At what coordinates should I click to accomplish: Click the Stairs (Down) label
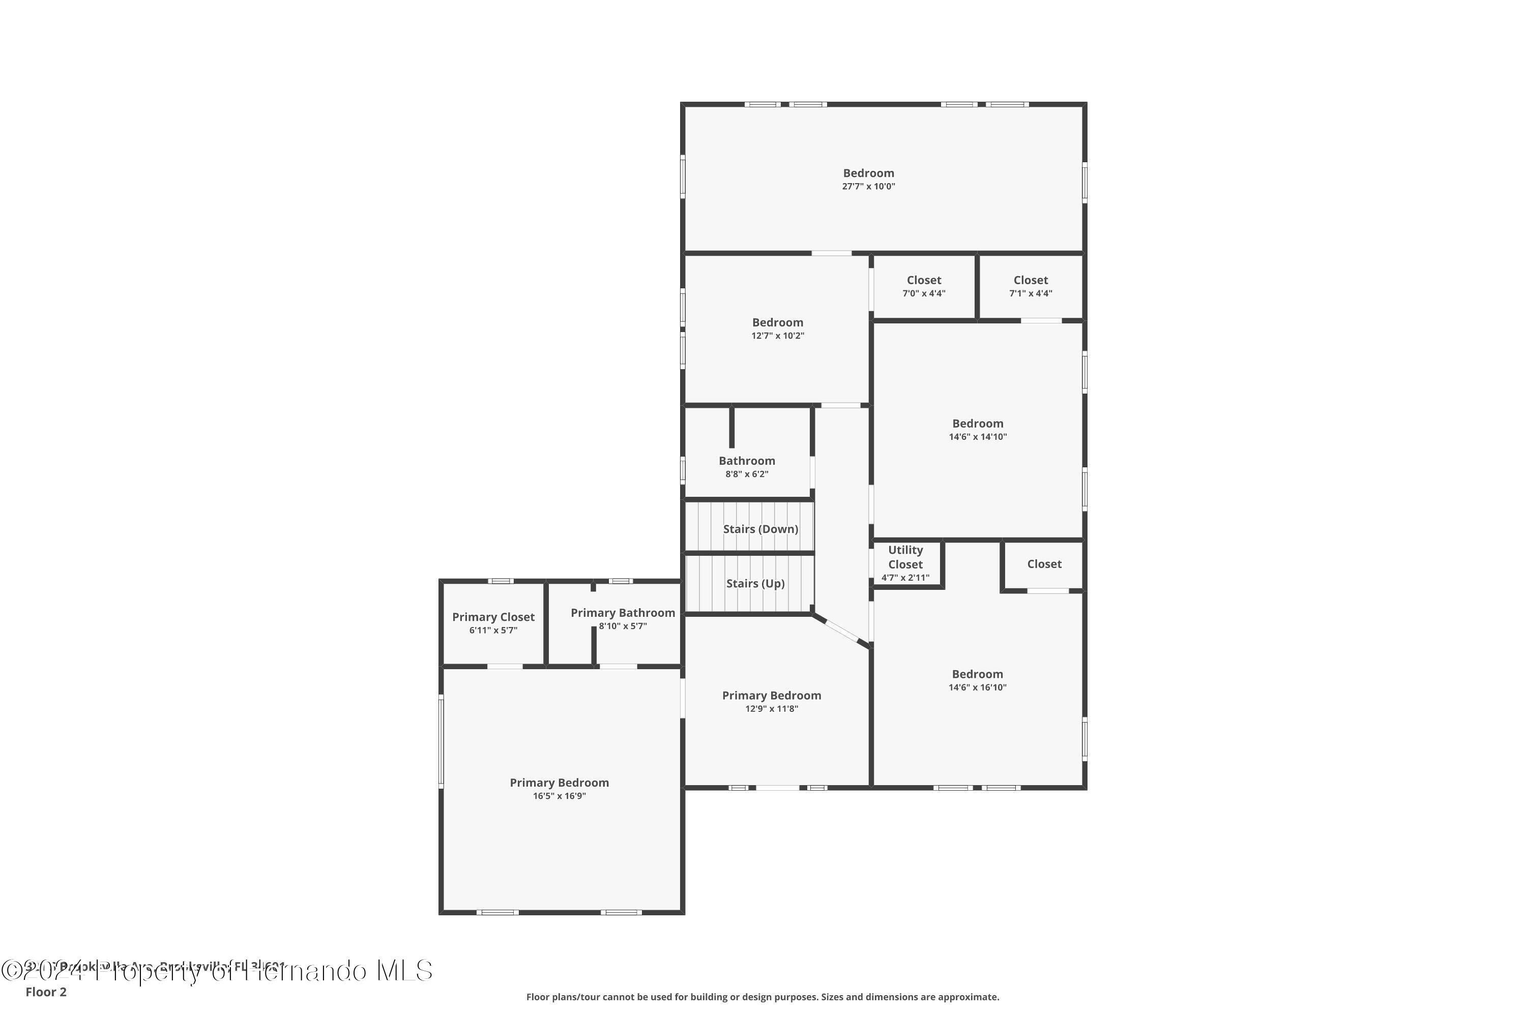pyautogui.click(x=760, y=529)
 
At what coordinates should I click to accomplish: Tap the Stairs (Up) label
pyautogui.click(x=755, y=583)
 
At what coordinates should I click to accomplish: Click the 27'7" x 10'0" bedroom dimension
pyautogui.click(x=868, y=187)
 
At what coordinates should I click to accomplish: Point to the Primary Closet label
pyautogui.click(x=493, y=617)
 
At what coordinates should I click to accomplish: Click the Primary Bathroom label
pyautogui.click(x=622, y=612)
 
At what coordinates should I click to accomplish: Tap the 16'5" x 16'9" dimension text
pyautogui.click(x=559, y=796)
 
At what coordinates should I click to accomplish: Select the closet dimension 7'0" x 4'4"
pyautogui.click(x=923, y=294)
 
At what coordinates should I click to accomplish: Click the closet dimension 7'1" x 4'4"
pyautogui.click(x=1031, y=294)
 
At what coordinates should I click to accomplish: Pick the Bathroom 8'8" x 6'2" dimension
pyautogui.click(x=746, y=474)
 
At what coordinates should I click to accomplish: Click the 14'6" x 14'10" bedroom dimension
pyautogui.click(x=977, y=437)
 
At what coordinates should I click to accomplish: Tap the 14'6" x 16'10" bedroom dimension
pyautogui.click(x=977, y=687)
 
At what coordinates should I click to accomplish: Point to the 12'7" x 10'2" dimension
pyautogui.click(x=777, y=336)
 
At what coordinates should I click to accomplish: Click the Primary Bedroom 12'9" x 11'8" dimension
pyautogui.click(x=772, y=709)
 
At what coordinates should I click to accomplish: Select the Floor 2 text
pyautogui.click(x=46, y=992)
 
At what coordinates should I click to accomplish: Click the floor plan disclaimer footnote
pyautogui.click(x=762, y=997)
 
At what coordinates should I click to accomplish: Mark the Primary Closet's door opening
pyautogui.click(x=505, y=666)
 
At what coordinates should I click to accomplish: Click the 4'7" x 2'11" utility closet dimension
pyautogui.click(x=905, y=578)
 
